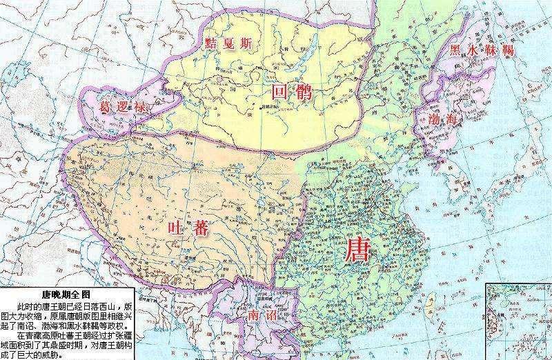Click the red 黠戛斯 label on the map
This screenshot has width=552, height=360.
pyautogui.click(x=228, y=43)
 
